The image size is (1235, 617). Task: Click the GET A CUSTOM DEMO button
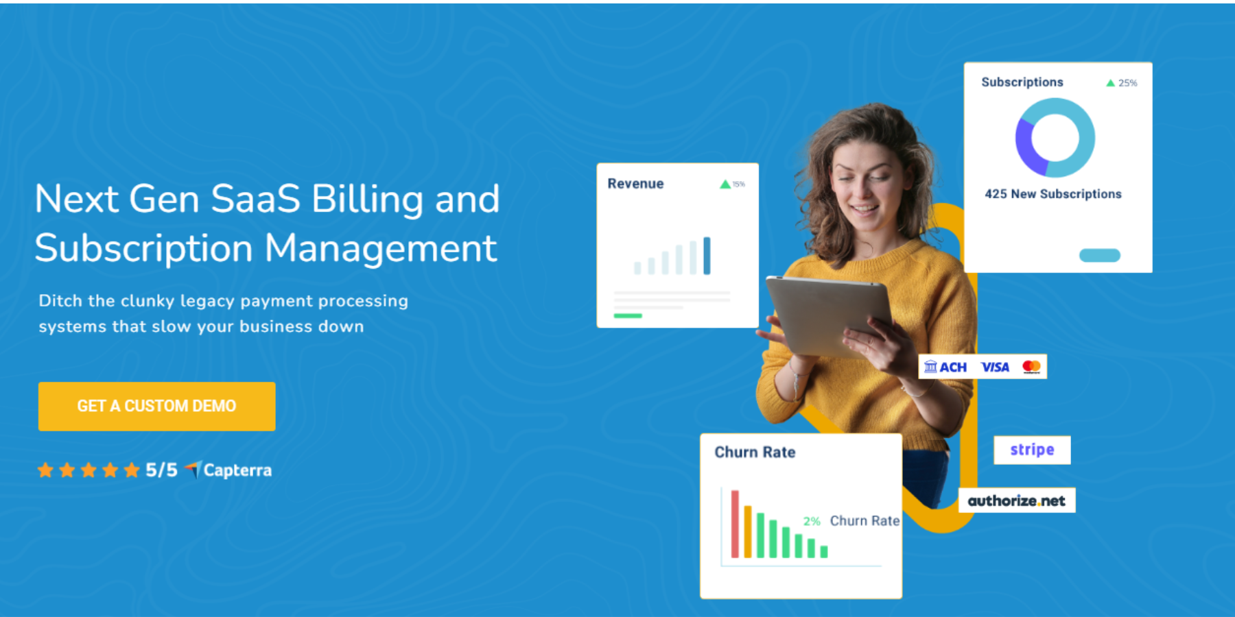156,406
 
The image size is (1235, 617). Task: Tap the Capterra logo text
237,470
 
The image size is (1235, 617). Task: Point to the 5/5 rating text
161,470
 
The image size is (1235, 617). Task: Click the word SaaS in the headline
255,199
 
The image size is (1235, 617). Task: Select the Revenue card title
635,184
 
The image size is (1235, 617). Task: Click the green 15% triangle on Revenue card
725,184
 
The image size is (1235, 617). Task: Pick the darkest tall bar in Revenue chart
707,255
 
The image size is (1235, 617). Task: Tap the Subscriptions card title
1022,82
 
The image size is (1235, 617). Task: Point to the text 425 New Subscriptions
1052,194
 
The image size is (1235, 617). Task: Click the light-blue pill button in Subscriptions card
1099,255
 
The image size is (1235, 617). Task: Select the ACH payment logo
945,367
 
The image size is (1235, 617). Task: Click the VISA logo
995,367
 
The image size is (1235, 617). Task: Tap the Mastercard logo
1031,367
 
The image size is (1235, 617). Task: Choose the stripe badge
1032,450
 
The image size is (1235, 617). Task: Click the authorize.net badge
1016,500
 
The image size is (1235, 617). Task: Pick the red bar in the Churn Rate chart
735,524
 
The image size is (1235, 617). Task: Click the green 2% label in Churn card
812,521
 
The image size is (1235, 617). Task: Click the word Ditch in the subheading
60,301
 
